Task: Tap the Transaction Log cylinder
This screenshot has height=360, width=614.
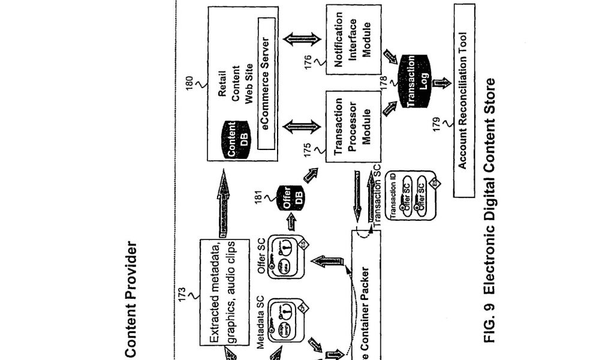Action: [417, 82]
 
